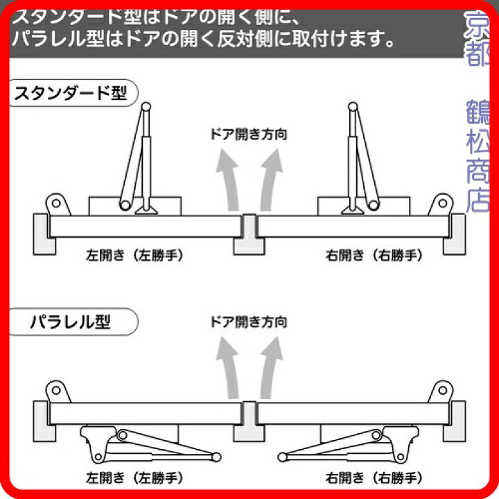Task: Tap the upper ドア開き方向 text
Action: (x=248, y=134)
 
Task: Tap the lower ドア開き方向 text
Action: (x=248, y=322)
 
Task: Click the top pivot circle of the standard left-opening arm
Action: (x=146, y=107)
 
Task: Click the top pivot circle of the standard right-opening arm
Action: (x=353, y=107)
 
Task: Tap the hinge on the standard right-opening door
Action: (x=441, y=204)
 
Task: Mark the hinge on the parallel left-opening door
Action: (x=55, y=390)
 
